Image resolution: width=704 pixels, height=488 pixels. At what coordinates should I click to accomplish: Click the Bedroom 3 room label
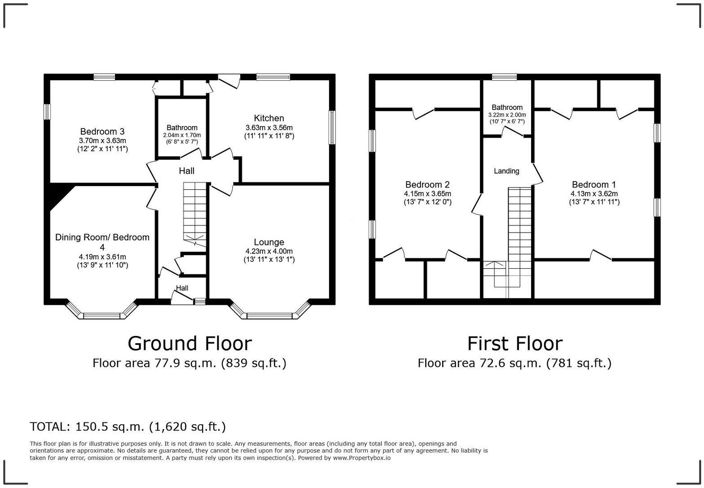point(102,131)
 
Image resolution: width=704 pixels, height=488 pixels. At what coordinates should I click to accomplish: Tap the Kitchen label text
point(269,118)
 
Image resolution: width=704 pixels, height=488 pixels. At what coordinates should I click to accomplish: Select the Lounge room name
point(269,242)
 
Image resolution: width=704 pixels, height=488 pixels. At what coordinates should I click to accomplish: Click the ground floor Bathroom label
point(182,127)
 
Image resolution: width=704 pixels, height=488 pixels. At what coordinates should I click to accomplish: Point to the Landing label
point(506,171)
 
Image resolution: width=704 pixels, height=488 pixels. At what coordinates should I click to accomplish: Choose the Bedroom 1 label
point(594,184)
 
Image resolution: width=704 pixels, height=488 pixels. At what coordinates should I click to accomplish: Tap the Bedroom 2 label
point(427,184)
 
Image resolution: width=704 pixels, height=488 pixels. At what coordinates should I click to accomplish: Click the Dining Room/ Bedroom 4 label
point(102,242)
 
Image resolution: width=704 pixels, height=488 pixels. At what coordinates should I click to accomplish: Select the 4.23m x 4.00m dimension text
point(269,251)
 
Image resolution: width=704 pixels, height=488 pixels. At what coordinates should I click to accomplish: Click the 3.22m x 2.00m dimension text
point(507,115)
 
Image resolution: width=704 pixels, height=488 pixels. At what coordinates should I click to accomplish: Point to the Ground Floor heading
point(189,344)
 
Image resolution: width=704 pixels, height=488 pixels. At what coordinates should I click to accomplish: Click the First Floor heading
point(515,344)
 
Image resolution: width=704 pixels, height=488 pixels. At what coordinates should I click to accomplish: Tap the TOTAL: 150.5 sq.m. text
point(128,427)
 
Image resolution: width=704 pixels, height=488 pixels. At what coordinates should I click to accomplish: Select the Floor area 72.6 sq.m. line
point(515,363)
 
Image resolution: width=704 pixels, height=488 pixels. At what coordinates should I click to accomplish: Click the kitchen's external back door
point(229,80)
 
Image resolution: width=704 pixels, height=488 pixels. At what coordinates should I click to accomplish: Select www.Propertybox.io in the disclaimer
point(361,458)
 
